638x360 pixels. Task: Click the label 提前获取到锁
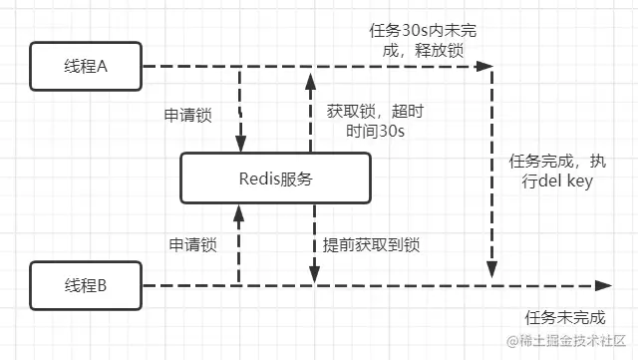[371, 243]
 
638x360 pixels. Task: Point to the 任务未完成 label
[564, 317]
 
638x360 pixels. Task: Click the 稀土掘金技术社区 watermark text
[572, 342]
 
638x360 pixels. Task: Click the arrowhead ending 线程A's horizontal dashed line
[485, 67]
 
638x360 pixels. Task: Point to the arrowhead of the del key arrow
[490, 269]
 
